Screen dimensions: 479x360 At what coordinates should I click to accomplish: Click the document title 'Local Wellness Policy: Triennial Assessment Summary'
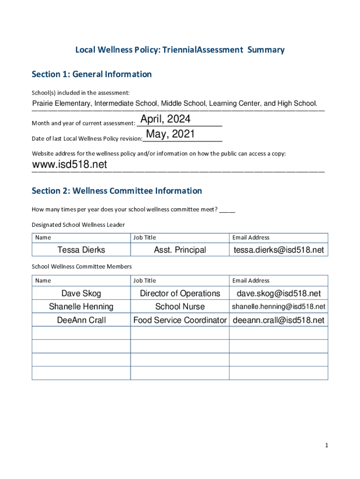(180, 50)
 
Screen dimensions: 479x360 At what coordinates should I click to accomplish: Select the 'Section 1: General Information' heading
(92, 74)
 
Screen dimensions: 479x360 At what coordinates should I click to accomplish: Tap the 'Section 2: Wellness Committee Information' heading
(117, 191)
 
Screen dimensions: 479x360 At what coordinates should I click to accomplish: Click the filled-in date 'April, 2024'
(166, 120)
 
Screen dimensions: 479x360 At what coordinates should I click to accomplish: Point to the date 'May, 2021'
(170, 135)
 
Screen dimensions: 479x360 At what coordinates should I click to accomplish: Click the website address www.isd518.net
(69, 165)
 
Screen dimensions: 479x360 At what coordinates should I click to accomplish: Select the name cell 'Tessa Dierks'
(81, 250)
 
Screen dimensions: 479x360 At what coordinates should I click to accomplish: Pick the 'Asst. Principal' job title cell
(180, 250)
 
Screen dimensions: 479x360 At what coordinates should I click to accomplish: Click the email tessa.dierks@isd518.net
(279, 250)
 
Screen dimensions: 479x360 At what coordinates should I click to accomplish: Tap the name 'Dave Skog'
(81, 293)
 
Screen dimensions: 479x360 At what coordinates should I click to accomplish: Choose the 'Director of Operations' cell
(180, 293)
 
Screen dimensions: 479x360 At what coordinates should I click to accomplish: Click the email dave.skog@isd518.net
(279, 293)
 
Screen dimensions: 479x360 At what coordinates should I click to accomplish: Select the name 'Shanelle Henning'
(81, 306)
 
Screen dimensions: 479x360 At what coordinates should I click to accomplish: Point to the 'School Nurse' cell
(180, 306)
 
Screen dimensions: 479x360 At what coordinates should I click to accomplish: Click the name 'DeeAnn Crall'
(81, 320)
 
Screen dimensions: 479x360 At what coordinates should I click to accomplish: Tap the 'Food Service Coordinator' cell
(180, 320)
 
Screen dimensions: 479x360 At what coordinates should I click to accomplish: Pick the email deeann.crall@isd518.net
(279, 320)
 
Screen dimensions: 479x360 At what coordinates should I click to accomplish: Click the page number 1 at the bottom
(326, 446)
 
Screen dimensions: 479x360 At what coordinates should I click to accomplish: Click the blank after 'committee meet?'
(227, 210)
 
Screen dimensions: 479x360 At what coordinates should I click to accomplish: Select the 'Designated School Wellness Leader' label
(78, 225)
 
